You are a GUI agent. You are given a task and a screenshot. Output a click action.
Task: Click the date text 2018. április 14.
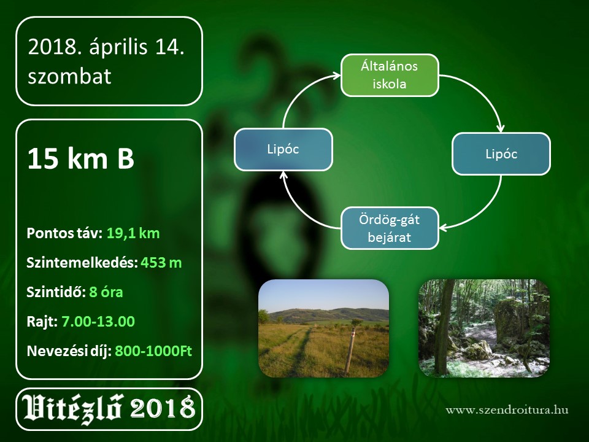click(x=106, y=47)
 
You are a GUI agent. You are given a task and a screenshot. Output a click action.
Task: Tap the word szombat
click(x=69, y=76)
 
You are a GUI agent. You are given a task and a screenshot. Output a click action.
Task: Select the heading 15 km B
click(x=81, y=158)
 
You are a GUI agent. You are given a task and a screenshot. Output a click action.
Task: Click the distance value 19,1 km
click(x=133, y=233)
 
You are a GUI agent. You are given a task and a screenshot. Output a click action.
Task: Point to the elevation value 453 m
click(x=161, y=263)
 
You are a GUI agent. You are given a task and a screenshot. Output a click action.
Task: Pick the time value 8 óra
click(x=106, y=292)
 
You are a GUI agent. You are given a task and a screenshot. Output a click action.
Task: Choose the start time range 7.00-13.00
click(x=98, y=321)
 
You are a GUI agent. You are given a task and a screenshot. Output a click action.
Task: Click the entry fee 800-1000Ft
click(x=153, y=351)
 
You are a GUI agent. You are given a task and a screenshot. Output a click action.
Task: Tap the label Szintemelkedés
click(x=82, y=263)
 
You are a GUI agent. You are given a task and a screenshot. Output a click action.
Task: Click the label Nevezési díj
click(x=69, y=351)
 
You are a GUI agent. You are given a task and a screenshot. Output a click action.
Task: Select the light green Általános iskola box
click(x=390, y=75)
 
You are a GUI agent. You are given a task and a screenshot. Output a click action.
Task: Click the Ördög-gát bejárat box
click(x=390, y=228)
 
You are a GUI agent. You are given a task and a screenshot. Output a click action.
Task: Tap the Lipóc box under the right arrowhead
click(x=501, y=153)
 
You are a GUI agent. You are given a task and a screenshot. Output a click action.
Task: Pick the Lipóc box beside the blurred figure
click(x=283, y=149)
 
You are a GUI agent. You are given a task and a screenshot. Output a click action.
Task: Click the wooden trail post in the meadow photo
click(x=350, y=351)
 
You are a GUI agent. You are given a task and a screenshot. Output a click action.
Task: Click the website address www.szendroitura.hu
click(x=507, y=409)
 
